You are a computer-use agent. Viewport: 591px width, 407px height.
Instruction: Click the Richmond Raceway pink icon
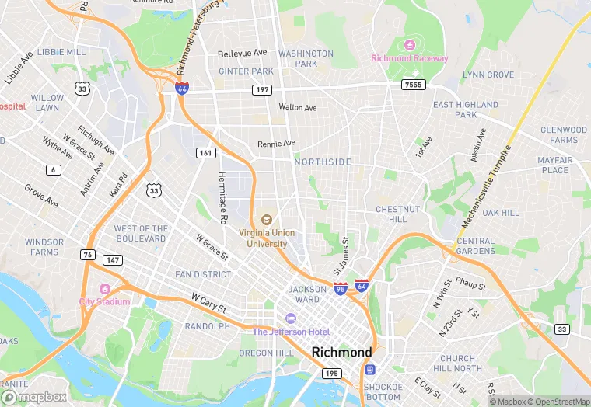[x=410, y=43]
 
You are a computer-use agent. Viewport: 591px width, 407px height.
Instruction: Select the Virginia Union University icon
[x=267, y=221]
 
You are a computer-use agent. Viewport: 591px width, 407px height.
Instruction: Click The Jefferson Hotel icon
[x=291, y=318]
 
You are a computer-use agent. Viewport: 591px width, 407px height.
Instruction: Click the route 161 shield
[x=205, y=153]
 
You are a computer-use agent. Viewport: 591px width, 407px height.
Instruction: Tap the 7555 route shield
[x=411, y=83]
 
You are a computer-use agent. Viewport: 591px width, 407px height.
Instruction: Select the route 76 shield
[x=88, y=254]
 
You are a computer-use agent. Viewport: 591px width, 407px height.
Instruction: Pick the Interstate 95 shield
[x=341, y=287]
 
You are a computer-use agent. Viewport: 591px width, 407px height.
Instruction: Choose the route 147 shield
[x=113, y=260]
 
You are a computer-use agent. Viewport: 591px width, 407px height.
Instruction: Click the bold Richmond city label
[x=341, y=352]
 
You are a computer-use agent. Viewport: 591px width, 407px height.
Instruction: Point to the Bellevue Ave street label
[x=242, y=53]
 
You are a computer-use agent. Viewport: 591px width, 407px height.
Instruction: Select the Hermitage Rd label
[x=223, y=199]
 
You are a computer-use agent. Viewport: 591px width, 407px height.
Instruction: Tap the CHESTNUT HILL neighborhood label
[x=398, y=214]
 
